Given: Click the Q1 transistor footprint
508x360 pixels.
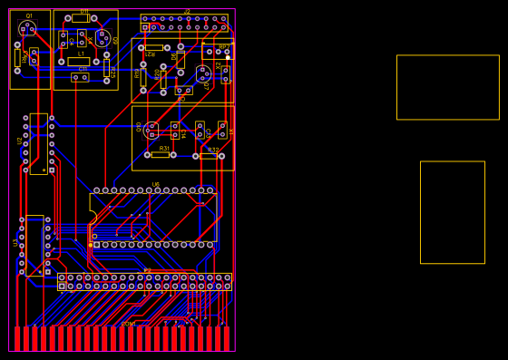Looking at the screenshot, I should [27, 28].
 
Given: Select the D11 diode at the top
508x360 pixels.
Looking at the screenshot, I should [81, 18].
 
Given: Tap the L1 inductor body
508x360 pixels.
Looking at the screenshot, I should [80, 62].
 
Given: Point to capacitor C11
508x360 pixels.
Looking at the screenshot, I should [81, 77].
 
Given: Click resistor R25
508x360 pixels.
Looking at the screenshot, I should [107, 69].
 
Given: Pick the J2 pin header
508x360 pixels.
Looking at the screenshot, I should [184, 23].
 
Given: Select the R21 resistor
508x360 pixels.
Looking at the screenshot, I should [154, 47].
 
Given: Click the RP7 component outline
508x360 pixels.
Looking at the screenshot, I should [218, 51].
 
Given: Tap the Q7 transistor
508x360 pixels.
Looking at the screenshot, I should [203, 73].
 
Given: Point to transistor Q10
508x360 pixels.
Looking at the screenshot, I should [151, 129].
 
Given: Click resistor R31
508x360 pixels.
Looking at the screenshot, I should [161, 154].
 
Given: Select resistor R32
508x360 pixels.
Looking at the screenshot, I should [209, 156].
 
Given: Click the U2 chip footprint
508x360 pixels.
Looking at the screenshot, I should [38, 143].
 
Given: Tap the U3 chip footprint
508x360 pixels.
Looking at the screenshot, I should [34, 245].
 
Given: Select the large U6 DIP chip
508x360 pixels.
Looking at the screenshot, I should [152, 218].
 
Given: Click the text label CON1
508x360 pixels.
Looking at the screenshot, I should [129, 324].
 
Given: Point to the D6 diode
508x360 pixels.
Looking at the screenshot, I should [180, 60].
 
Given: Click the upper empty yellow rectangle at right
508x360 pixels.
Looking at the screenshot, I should [447, 87].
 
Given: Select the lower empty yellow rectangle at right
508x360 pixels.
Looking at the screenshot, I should [452, 212].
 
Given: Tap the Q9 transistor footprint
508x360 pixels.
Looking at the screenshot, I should [102, 38].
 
